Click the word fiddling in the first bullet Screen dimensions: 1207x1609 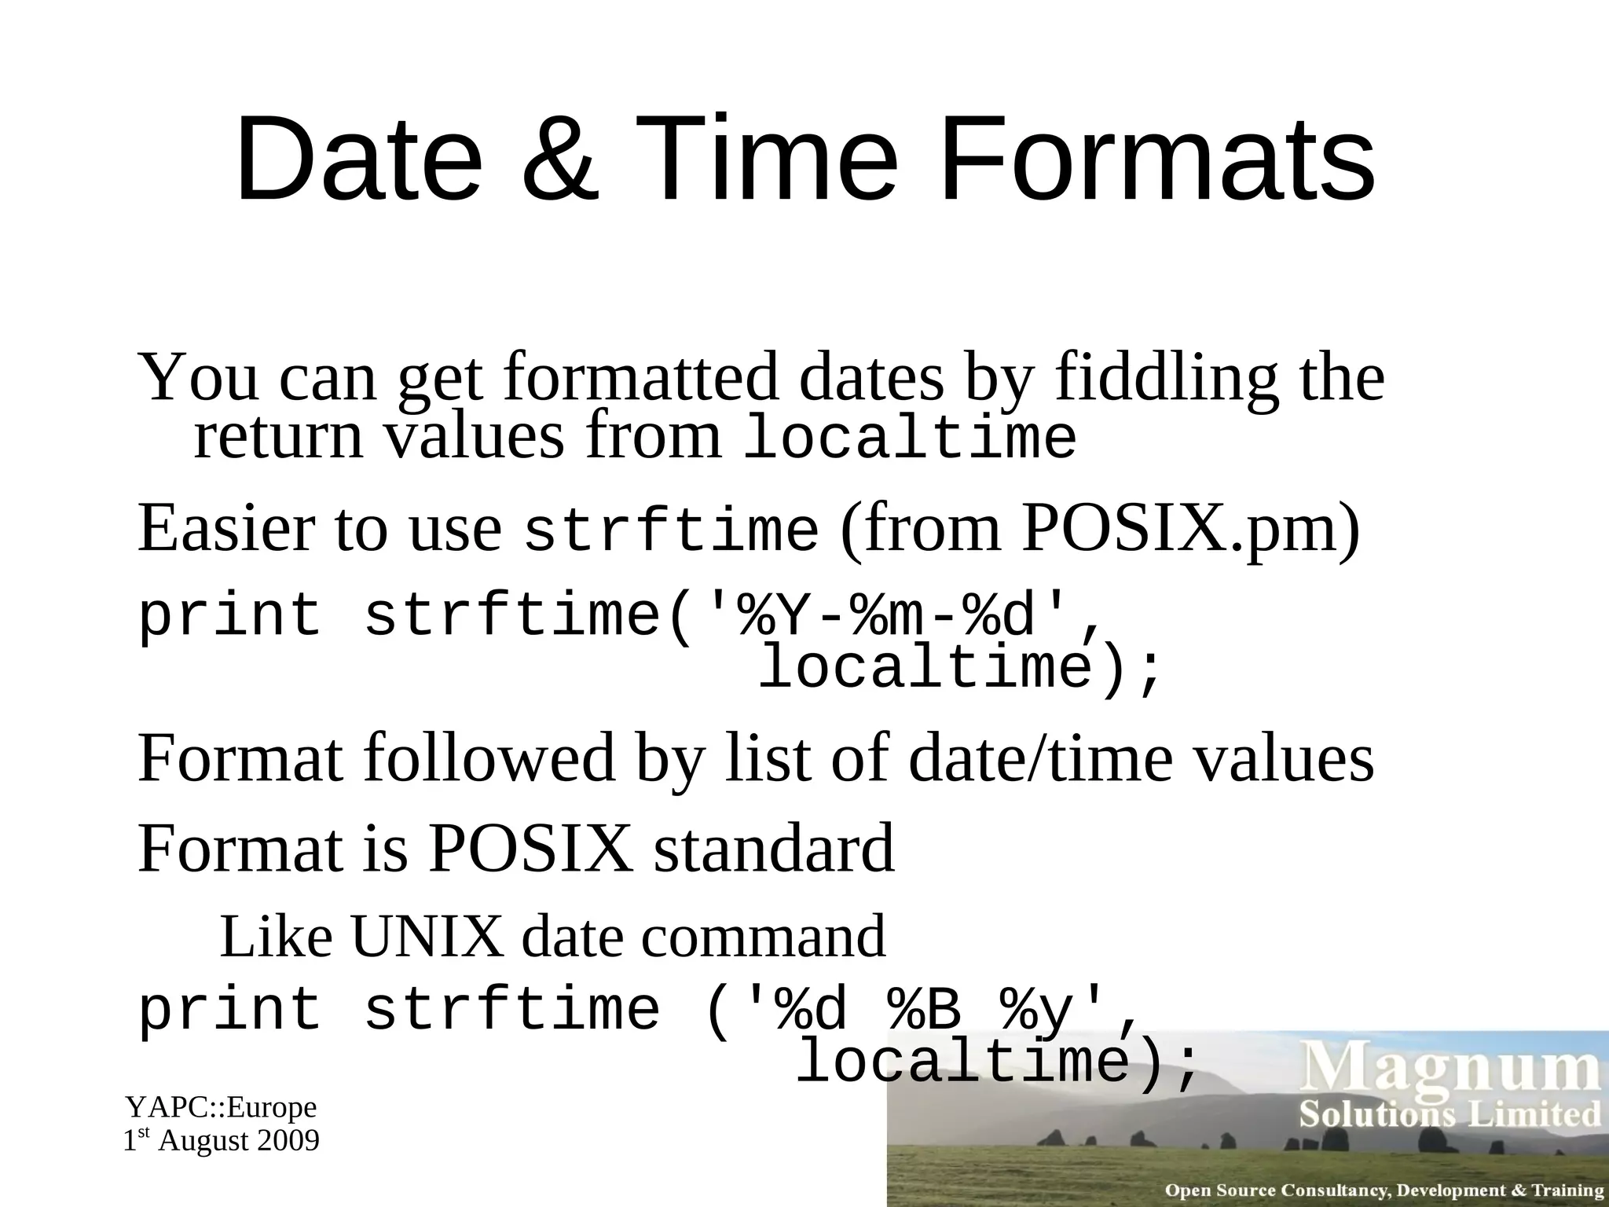[x=1166, y=378]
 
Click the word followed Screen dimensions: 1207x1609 [x=489, y=758]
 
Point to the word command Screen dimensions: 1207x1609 [x=764, y=937]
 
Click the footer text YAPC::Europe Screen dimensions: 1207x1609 [x=222, y=1107]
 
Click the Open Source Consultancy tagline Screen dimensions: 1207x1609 [x=1384, y=1190]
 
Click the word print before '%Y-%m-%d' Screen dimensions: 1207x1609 [x=229, y=616]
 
